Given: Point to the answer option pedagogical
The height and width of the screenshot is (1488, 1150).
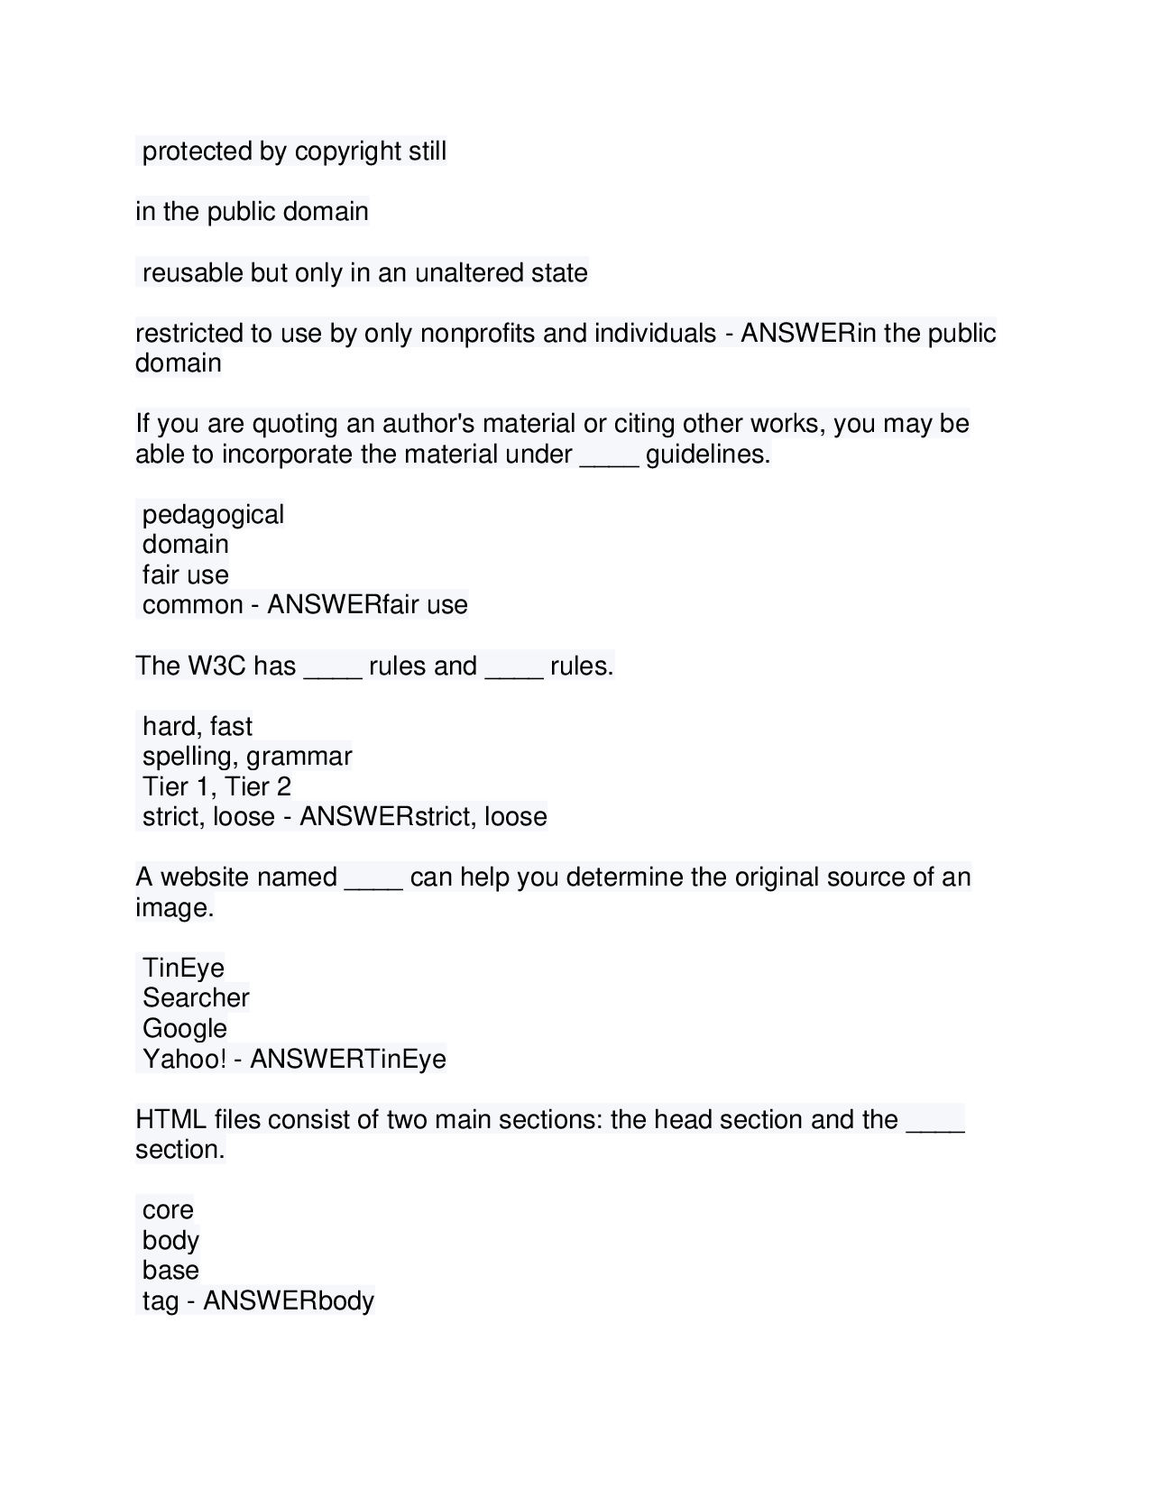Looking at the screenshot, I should coord(213,515).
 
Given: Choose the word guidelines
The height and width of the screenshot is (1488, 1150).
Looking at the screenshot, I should coord(707,455).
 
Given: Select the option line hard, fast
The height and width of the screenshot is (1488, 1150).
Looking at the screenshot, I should coord(197,727).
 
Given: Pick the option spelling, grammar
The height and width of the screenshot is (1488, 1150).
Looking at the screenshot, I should coord(246,757).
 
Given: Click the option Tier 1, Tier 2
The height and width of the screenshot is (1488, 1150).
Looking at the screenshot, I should coord(216,787).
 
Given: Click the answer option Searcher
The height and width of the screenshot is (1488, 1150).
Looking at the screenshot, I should coord(196,998).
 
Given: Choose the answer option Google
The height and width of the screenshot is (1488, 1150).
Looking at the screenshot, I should coord(185,1029).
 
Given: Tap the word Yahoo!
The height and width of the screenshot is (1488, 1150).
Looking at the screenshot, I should coord(184,1059).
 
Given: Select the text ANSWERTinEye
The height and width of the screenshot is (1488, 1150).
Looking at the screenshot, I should coord(348,1059).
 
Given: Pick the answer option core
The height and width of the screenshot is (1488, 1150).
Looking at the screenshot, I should coord(168,1210).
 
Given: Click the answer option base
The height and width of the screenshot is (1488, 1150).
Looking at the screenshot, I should coord(170,1271).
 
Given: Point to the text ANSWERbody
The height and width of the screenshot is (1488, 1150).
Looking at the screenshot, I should coord(289,1301).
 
